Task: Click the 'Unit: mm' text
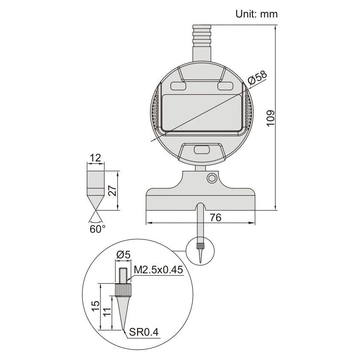pos(256,14)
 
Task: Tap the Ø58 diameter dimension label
pos(257,77)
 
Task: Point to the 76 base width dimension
pos(216,217)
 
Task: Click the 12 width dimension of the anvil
pos(95,158)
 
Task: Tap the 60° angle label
pos(97,229)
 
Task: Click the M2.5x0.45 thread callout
pos(158,270)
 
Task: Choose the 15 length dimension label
pos(96,305)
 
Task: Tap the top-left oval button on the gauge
pos(178,86)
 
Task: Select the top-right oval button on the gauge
pos(225,86)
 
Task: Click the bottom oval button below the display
pos(201,150)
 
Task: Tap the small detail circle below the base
pos(201,252)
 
